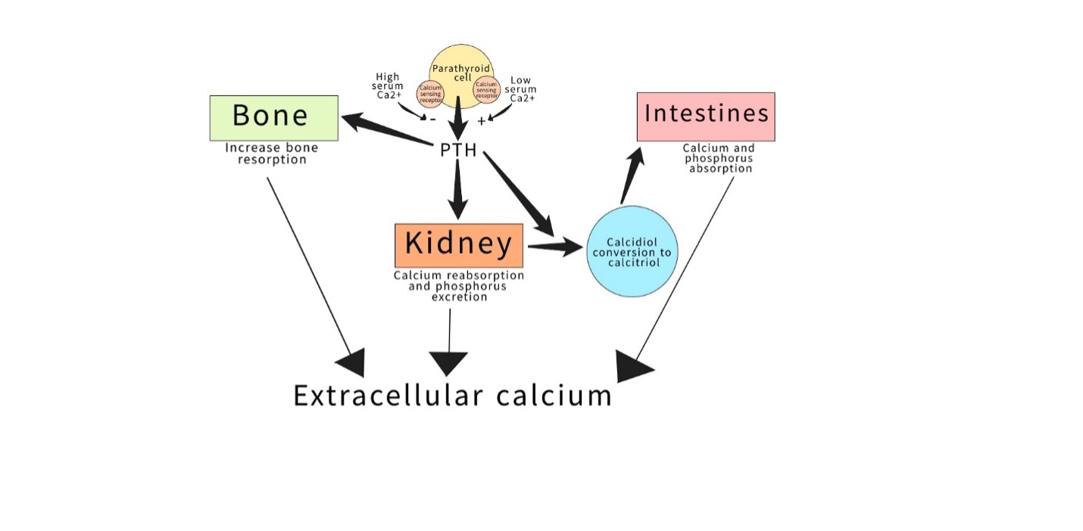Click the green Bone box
pyautogui.click(x=273, y=117)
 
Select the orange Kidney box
pyautogui.click(x=459, y=245)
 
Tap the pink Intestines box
pyautogui.click(x=706, y=116)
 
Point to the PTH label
pyautogui.click(x=458, y=150)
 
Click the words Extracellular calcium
pyautogui.click(x=452, y=396)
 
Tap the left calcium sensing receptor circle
pyautogui.click(x=430, y=93)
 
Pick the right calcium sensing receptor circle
pyautogui.click(x=486, y=89)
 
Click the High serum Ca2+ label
pyautogui.click(x=388, y=86)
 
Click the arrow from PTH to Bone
pyautogui.click(x=386, y=131)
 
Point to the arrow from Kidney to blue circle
pyautogui.click(x=554, y=247)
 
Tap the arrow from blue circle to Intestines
pyautogui.click(x=632, y=174)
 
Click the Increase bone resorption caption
pyautogui.click(x=271, y=154)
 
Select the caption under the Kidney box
pyautogui.click(x=459, y=286)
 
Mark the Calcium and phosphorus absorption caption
pyautogui.click(x=719, y=159)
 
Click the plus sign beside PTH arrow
pyautogui.click(x=482, y=121)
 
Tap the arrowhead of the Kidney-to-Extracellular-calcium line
pyautogui.click(x=449, y=362)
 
